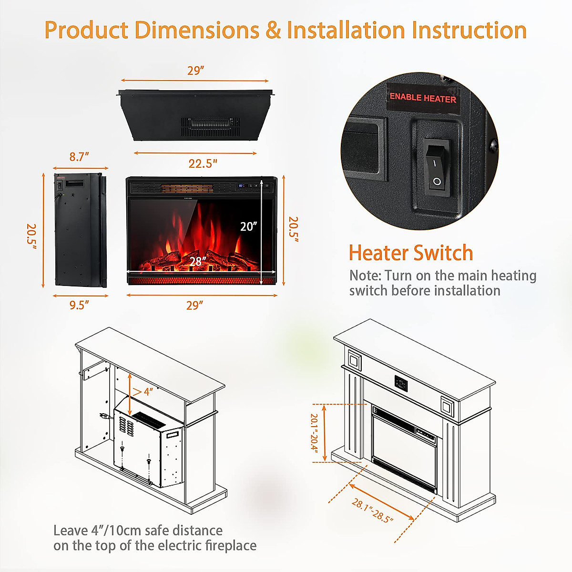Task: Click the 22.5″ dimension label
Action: (x=203, y=163)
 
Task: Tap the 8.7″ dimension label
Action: (x=79, y=157)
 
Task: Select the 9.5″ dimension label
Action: (x=79, y=305)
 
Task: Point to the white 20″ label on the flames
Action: (x=248, y=226)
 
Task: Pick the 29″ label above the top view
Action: (x=195, y=71)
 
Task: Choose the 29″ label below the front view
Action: (x=194, y=305)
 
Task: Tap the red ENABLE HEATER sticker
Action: (x=423, y=98)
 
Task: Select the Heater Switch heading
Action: (x=410, y=253)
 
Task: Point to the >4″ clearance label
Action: (x=143, y=392)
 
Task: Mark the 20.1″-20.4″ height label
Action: (x=314, y=432)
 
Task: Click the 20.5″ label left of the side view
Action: (x=31, y=234)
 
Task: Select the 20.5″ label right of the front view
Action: (x=293, y=229)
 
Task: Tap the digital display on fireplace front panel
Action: (x=242, y=185)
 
